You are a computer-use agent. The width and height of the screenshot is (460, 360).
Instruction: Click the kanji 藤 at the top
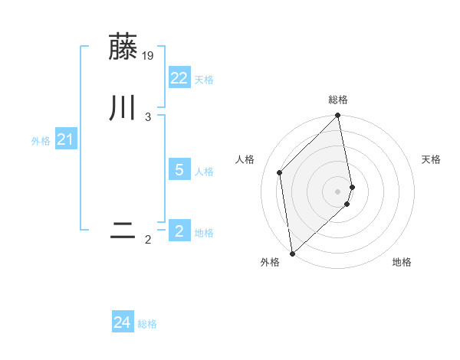123,47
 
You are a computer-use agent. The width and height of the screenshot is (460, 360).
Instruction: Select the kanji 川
123,107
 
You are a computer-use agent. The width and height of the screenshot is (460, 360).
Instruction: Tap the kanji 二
123,231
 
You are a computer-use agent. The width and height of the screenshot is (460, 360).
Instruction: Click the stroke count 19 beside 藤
149,55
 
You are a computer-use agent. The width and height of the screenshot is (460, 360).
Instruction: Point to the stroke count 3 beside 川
148,116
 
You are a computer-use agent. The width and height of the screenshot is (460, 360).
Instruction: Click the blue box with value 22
179,78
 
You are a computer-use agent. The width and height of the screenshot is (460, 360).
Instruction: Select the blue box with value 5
179,170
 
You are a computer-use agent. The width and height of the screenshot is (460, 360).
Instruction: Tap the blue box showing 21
65,139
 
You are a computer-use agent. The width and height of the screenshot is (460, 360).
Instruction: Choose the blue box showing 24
123,322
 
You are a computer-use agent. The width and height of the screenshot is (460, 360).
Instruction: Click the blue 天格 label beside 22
204,80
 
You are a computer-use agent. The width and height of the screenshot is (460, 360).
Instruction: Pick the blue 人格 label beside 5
204,172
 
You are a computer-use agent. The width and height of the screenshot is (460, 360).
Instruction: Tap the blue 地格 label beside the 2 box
204,233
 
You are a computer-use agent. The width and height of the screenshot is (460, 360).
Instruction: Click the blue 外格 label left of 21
41,141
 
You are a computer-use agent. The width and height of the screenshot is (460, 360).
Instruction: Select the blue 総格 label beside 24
147,324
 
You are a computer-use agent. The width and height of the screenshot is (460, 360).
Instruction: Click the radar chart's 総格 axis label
338,100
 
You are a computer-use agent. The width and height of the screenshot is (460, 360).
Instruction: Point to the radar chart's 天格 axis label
432,159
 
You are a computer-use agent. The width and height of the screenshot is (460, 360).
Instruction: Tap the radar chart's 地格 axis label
402,262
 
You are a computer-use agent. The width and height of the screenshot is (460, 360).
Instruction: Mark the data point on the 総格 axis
338,116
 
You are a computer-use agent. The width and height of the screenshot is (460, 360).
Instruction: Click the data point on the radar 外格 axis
292,254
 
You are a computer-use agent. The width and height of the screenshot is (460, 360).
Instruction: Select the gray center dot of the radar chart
338,191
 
